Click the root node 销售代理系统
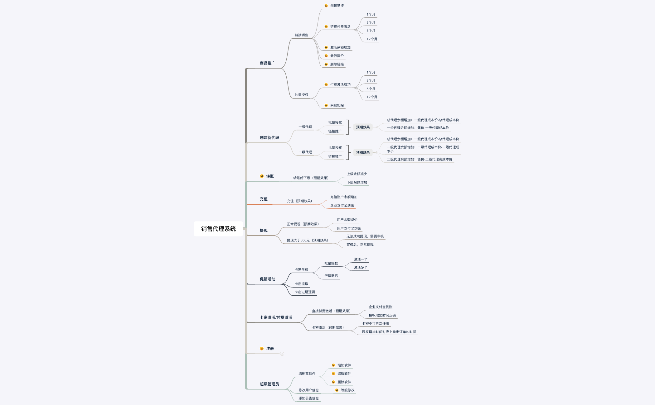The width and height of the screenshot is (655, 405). pos(218,229)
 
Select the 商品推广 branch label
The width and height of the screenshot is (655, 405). pos(267,63)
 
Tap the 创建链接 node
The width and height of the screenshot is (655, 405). pos(337,6)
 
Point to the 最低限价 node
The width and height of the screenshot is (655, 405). pos(337,56)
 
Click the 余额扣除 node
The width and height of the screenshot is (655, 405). pos(337,106)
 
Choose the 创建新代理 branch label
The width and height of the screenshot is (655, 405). pos(269,138)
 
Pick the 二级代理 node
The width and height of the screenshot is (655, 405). pos(305,152)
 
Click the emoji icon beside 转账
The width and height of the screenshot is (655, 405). pos(262,176)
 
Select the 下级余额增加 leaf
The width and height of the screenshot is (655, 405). pos(357,183)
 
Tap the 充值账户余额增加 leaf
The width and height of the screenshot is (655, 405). pos(344,197)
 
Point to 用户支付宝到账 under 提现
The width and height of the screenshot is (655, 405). pos(349,229)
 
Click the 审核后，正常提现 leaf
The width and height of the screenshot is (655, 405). pos(360,245)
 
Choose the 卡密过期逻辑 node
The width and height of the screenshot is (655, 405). pos(305,292)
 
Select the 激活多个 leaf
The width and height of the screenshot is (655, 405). pos(361,268)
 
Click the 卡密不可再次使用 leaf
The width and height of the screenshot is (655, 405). pos(375,324)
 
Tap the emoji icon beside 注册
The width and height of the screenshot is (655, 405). pos(262,349)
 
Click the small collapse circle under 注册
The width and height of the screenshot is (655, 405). pos(282,354)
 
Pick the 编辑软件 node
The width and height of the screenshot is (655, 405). pos(344,374)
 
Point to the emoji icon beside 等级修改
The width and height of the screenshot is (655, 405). pos(337,390)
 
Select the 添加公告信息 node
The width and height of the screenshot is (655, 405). pos(308,398)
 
